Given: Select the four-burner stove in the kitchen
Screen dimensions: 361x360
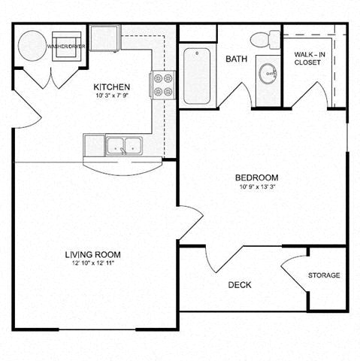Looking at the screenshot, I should coord(162,84).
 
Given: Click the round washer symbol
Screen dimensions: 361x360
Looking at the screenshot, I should coord(31,45).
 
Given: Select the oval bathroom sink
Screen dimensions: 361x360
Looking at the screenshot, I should coord(267,74).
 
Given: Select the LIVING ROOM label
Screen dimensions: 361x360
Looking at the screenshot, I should coord(93,254).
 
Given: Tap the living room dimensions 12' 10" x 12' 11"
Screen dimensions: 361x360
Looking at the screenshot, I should coord(93,263).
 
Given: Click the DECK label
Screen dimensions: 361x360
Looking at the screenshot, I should coord(239,285).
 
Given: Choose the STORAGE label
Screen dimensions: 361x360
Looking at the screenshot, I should coord(324,275).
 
